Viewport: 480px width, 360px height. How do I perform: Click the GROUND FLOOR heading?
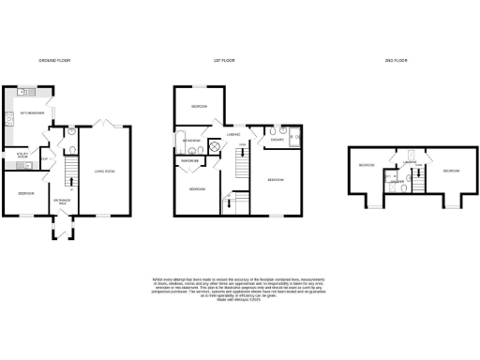(x=54, y=60)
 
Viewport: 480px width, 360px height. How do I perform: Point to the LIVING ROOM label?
(x=104, y=171)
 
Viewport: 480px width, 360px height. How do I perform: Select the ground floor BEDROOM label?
(x=25, y=193)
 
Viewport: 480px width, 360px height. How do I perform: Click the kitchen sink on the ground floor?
(x=27, y=93)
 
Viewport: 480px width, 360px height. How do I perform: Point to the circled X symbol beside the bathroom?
(x=214, y=147)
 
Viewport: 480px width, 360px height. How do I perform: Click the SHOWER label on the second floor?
(x=397, y=180)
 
